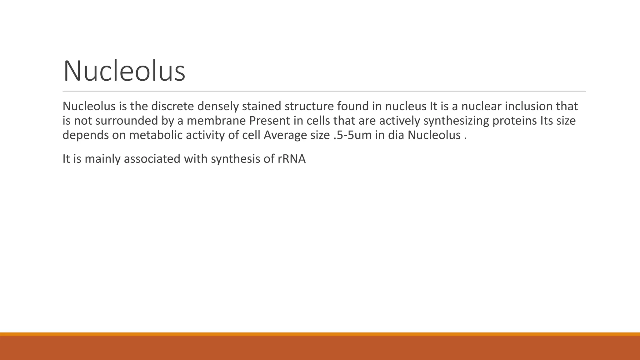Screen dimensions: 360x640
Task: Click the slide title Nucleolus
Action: click(x=124, y=71)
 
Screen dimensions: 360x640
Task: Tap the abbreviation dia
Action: click(x=396, y=135)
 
